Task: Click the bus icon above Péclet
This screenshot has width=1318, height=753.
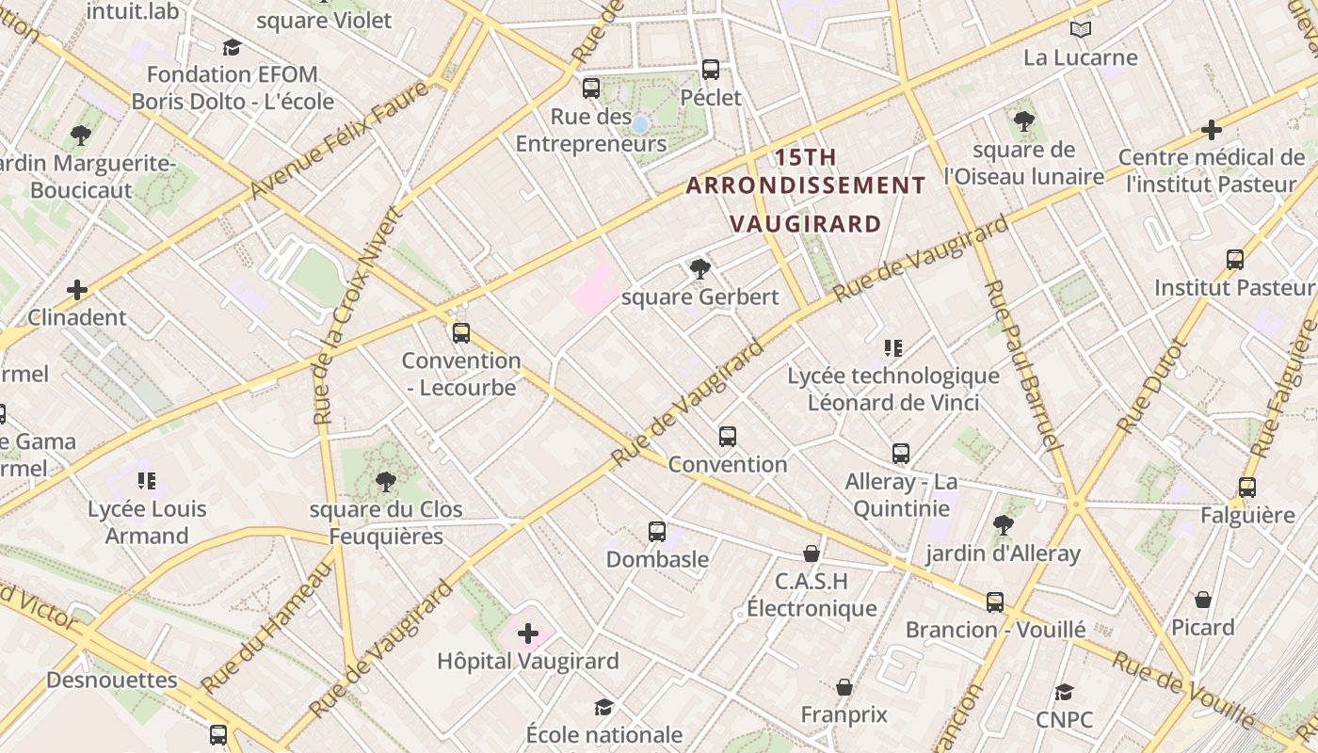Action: [x=711, y=70]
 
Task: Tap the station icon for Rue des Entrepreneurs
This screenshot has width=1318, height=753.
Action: [x=591, y=89]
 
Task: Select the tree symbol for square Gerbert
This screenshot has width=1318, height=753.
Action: [x=699, y=269]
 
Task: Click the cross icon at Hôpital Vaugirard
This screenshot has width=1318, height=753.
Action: [x=528, y=633]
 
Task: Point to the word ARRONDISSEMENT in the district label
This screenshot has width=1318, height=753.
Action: [x=806, y=185]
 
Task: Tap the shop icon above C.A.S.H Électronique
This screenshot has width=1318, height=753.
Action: [x=812, y=553]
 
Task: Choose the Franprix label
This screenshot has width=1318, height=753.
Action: [x=844, y=714]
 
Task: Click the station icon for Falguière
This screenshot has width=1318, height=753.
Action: [x=1247, y=488]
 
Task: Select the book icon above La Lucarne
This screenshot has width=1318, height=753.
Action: [x=1081, y=30]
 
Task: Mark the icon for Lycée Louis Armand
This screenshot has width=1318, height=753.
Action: [x=146, y=482]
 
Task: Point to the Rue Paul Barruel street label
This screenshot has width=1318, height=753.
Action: [x=1024, y=365]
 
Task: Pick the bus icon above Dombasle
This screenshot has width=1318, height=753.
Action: [x=657, y=532]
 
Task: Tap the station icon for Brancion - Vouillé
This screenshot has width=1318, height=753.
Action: [x=995, y=602]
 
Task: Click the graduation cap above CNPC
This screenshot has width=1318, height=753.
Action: [x=1064, y=693]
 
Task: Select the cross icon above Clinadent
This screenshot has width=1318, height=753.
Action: [x=77, y=290]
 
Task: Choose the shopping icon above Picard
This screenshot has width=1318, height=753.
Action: [x=1203, y=600]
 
